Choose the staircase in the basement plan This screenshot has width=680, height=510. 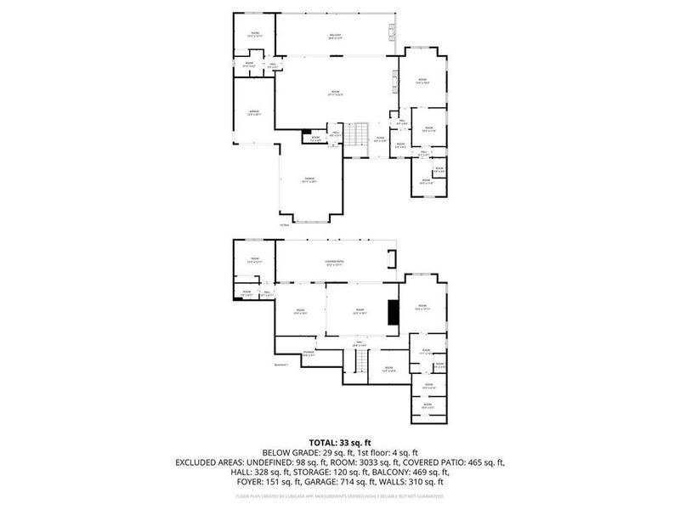click(x=362, y=364)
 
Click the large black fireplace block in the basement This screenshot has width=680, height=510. click(x=392, y=312)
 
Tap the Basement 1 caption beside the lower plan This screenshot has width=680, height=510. click(x=282, y=365)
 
